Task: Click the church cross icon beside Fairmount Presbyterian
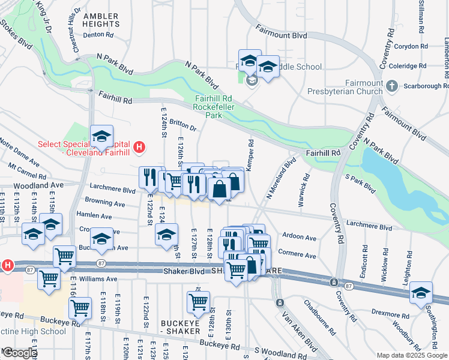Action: (392, 86)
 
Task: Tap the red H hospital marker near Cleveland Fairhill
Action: (139, 146)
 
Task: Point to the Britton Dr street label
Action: (183, 127)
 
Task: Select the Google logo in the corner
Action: (19, 353)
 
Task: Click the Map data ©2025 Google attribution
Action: (411, 355)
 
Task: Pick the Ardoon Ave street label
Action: (302, 238)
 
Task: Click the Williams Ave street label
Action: (98, 279)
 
